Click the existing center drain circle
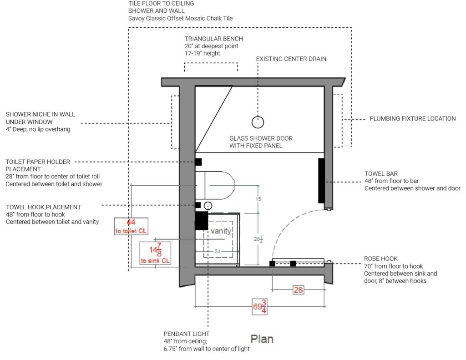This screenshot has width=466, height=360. pos(258,122)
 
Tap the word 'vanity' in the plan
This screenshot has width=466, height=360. pos(221,231)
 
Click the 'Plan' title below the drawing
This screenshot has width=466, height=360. pos(262,339)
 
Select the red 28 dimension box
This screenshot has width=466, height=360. pos(298,289)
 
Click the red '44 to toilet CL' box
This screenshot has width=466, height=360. pos(131,226)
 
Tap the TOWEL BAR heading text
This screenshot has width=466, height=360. pos(381,173)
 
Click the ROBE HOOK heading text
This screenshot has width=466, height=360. pos(380,259)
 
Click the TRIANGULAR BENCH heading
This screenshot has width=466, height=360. pos(213,39)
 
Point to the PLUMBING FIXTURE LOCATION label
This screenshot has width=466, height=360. pos(412,119)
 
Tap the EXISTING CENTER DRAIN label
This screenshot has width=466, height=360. pos(291,59)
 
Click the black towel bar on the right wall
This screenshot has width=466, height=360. pos(321,180)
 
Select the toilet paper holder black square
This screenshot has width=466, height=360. pos(198,162)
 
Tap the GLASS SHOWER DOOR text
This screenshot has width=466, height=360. pos(261,138)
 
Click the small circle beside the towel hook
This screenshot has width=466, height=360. pos(208,205)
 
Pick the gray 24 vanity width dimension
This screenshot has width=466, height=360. pos(217,251)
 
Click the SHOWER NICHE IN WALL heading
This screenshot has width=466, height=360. pos(41,114)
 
